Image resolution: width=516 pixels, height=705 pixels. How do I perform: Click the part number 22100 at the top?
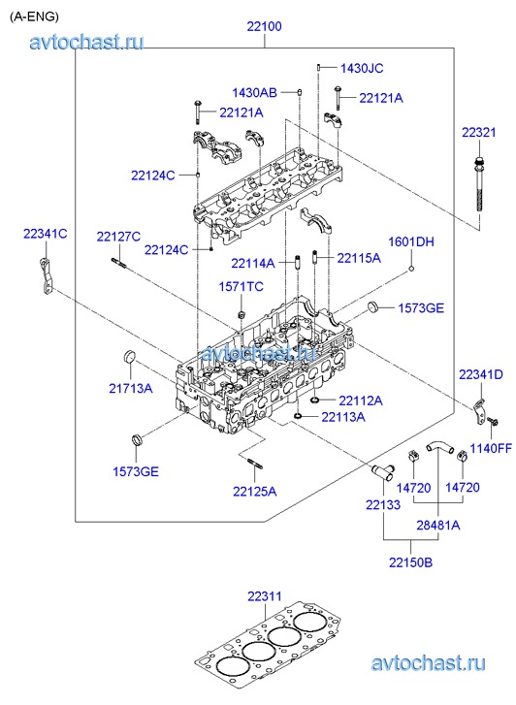point(264,26)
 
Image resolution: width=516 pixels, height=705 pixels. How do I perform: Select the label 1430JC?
point(362,68)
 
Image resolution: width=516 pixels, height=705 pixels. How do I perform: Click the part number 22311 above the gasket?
point(265,596)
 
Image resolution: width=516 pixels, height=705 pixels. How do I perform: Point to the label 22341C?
point(45,234)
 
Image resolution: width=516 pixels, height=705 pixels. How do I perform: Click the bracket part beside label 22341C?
point(46,276)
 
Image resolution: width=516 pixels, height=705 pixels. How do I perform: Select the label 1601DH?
point(411,241)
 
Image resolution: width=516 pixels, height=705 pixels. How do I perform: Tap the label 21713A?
point(131,388)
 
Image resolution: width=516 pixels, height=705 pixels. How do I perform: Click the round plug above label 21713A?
point(130,356)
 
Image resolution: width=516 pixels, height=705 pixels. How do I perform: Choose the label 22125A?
point(255,492)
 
